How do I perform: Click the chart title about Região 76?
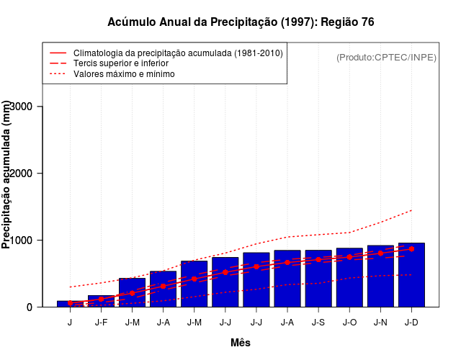[241, 22]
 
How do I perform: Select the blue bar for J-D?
[411, 277]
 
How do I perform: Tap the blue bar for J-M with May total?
[194, 285]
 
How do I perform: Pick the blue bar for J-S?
[318, 281]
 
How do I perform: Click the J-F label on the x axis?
[101, 322]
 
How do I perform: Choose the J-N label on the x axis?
[380, 322]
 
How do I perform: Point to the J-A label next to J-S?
[287, 322]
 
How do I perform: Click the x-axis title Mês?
[241, 343]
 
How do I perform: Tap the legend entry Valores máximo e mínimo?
[124, 73]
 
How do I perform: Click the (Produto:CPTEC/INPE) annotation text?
[386, 58]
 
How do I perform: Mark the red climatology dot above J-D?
[411, 249]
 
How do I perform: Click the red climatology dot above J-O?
[349, 257]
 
